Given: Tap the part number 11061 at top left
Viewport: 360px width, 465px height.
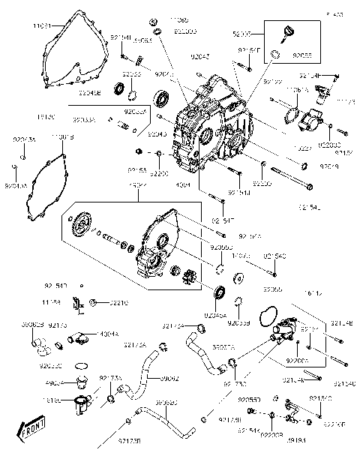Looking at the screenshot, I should (41, 25).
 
